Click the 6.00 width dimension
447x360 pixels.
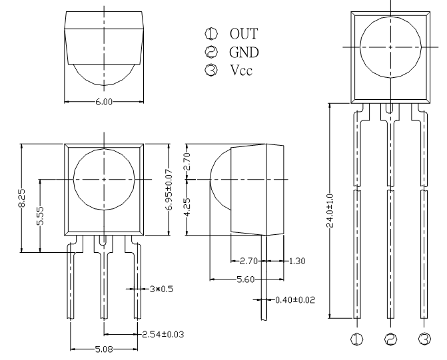[x=104, y=102]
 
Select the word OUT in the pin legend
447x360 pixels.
[x=244, y=34]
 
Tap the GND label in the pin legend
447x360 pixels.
[x=244, y=52]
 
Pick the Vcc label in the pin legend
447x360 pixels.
[x=241, y=70]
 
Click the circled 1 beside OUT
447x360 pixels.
[x=211, y=34]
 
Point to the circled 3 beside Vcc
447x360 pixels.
[x=211, y=70]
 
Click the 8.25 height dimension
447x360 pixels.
[x=22, y=198]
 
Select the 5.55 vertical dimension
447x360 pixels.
[x=40, y=216]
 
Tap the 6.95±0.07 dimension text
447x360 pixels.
[x=169, y=190]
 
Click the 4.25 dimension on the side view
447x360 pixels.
[x=187, y=208]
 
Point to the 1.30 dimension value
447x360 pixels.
[x=297, y=261]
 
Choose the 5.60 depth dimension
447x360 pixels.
[x=246, y=279]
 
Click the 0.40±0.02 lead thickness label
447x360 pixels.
[x=295, y=300]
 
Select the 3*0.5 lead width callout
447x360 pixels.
[x=161, y=289]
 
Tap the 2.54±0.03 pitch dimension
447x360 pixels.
[x=163, y=334]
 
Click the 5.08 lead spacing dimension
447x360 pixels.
[x=104, y=349]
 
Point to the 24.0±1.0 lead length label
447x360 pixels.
[x=330, y=211]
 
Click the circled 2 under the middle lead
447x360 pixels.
[x=390, y=339]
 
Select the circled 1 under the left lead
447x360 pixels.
[x=356, y=339]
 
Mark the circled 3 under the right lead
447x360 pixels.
[x=424, y=339]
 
